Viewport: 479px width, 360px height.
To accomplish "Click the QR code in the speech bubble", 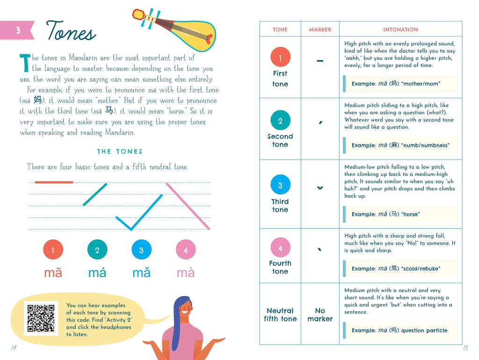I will pos(41,318).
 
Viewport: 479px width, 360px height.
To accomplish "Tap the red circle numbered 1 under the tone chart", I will pos(53,250).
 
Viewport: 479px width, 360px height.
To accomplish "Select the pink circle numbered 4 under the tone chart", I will pos(186,250).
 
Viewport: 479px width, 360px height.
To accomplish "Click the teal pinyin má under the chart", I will pos(97,272).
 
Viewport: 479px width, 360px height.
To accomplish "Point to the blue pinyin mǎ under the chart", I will pos(141,272).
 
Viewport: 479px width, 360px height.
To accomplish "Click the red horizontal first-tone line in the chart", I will pos(54,182).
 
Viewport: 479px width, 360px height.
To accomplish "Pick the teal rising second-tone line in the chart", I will pos(95,194).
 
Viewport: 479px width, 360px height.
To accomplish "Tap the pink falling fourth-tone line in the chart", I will pos(188,206).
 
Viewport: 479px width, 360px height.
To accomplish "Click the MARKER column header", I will pos(320,29).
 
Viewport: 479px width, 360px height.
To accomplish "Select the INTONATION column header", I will pos(400,29).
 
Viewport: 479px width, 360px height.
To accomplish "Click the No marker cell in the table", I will pos(320,315).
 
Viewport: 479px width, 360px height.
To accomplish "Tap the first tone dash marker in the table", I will pos(320,61).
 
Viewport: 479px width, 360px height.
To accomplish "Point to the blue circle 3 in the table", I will pos(280,185).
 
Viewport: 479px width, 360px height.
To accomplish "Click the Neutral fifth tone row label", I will pos(280,315).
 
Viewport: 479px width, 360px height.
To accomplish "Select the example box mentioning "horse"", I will pos(400,214).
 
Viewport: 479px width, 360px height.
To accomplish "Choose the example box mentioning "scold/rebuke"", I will pos(400,269).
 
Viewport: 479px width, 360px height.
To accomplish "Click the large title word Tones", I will pos(71,32).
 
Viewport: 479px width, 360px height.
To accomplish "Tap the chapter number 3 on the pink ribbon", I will pos(18,30).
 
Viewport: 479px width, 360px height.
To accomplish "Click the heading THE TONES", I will pos(120,152).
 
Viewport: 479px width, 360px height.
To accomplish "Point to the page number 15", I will pos(465,347).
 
